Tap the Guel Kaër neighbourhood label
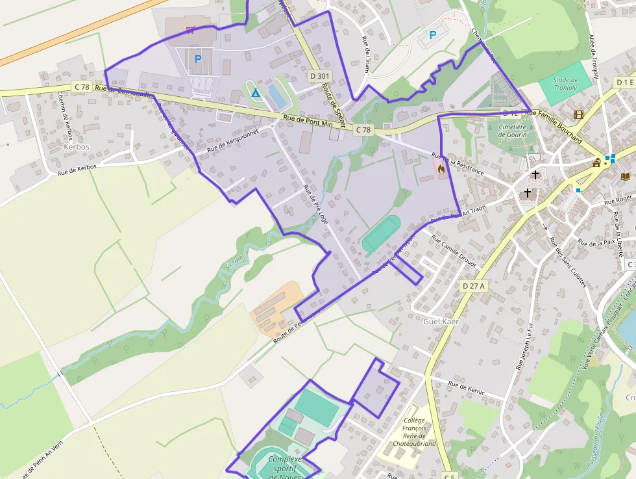click(441, 322)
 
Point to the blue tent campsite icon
click(256, 92)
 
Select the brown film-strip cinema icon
click(578, 115)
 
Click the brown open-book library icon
click(626, 177)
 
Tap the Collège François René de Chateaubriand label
click(415, 432)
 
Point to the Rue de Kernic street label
click(466, 386)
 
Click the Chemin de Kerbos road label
click(65, 116)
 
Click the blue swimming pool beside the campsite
click(278, 96)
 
